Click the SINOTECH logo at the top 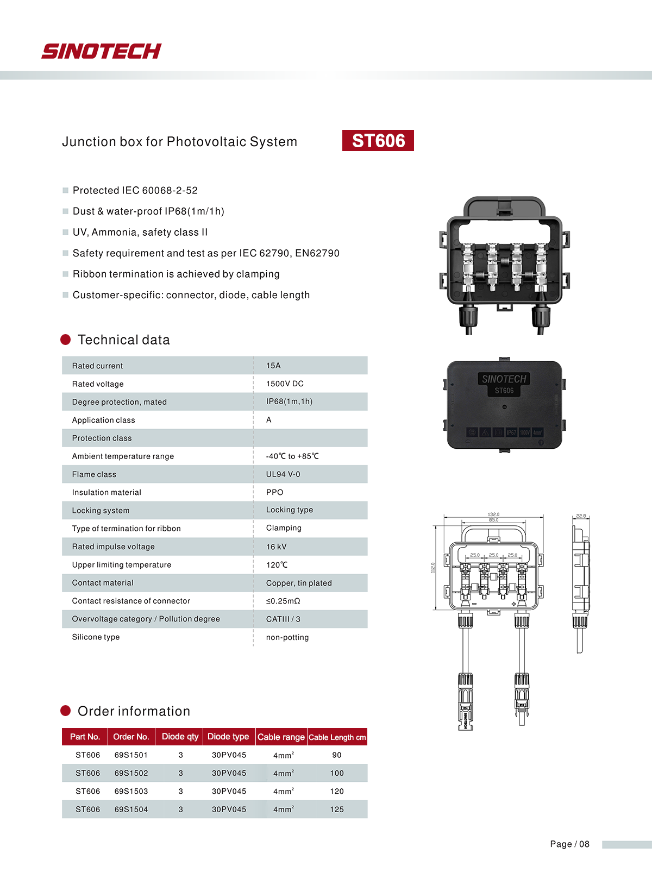click(x=101, y=51)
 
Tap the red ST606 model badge click(x=378, y=141)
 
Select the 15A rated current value click(x=273, y=366)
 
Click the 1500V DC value click(x=285, y=384)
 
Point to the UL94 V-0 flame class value click(x=283, y=474)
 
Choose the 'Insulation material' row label click(x=106, y=492)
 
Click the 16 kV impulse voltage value click(x=276, y=547)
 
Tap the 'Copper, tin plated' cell click(x=299, y=583)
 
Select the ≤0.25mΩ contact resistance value click(x=283, y=601)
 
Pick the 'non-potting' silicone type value click(x=287, y=637)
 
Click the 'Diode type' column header click(x=228, y=737)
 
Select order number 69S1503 click(x=131, y=791)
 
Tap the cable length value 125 click(x=337, y=809)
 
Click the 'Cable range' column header click(x=281, y=737)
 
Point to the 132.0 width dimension click(x=493, y=514)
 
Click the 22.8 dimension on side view click(x=581, y=516)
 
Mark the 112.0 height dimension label click(x=433, y=567)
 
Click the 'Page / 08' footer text click(x=569, y=844)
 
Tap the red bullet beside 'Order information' click(x=66, y=711)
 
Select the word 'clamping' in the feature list click(x=258, y=274)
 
